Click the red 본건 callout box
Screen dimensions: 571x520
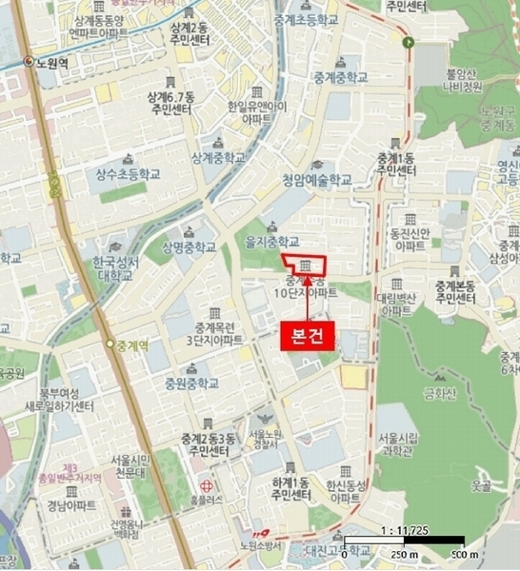(307, 335)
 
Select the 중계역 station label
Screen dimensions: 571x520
(134, 344)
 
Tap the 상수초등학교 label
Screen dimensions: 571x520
(127, 174)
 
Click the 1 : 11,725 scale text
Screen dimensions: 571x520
(403, 529)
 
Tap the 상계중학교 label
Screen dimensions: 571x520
(217, 156)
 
